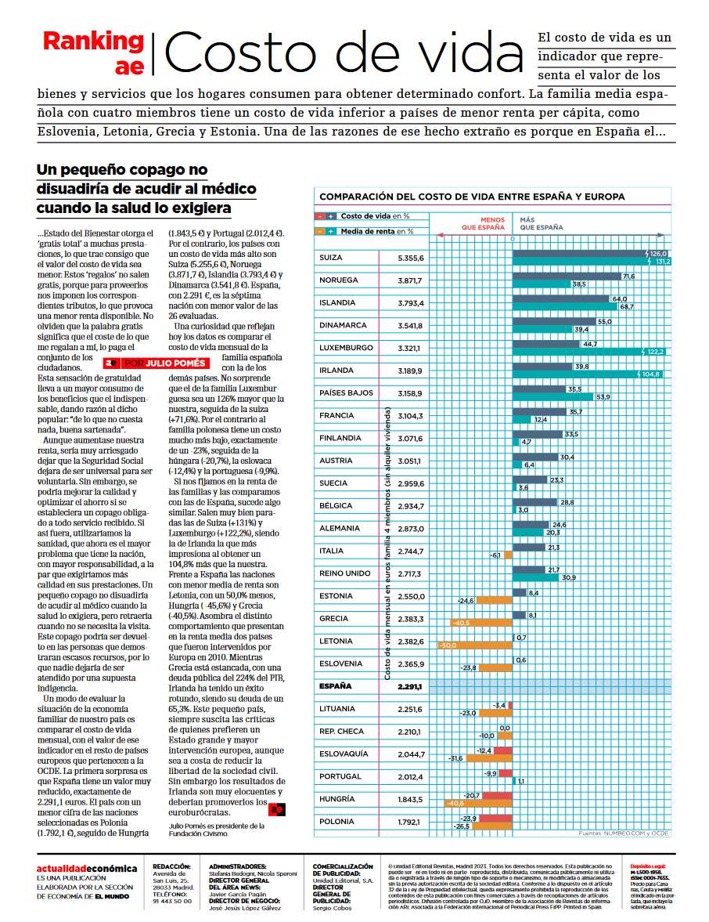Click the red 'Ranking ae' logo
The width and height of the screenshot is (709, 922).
coord(93,52)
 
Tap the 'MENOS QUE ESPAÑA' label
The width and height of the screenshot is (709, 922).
coord(483,224)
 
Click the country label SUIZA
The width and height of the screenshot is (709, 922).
coord(331,258)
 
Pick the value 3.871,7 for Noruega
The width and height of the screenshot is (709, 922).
coord(410,280)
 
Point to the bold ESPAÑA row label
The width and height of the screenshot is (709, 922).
coord(336,687)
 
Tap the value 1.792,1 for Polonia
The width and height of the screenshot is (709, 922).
coord(410,823)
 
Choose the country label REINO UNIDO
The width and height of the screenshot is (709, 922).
coord(345,573)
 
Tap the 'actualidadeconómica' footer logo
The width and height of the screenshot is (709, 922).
coord(86,869)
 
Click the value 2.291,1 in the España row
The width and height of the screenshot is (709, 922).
coord(410,687)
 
